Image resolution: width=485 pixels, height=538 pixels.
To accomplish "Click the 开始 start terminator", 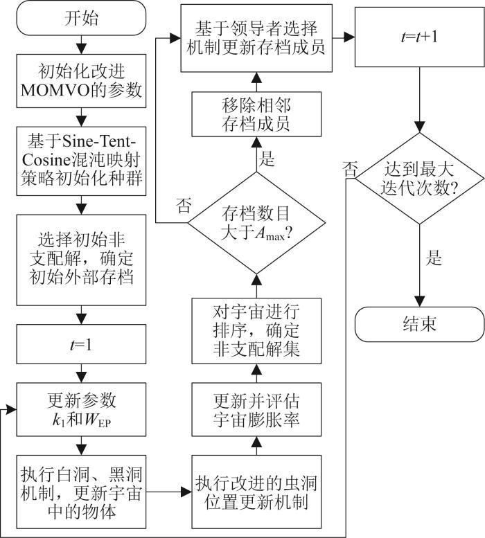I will [x=82, y=18].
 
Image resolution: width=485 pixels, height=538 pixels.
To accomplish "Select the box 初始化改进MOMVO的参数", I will [x=82, y=81].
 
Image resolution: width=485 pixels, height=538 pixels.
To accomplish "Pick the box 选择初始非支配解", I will [x=82, y=260].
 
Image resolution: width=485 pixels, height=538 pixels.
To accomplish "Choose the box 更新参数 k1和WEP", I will [x=82, y=409].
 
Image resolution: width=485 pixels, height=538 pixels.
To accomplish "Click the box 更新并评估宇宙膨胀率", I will [x=257, y=409].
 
